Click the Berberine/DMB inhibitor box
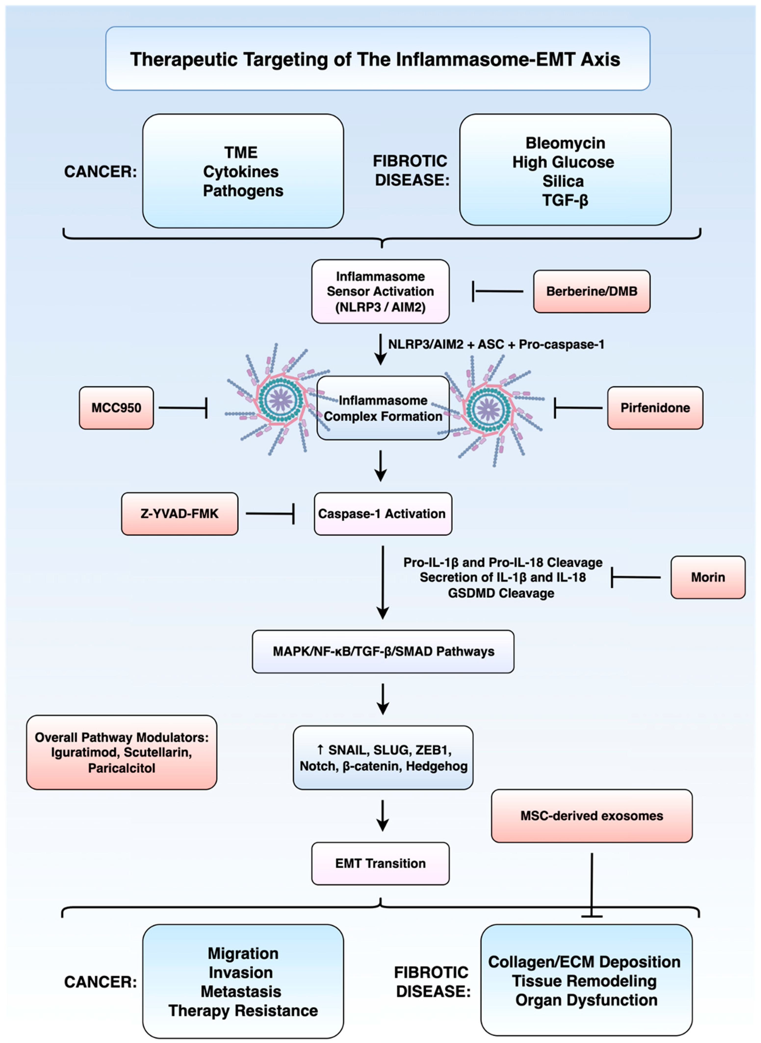click(x=592, y=291)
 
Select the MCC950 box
click(x=116, y=408)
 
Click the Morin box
click(x=708, y=577)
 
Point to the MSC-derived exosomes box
click(x=592, y=816)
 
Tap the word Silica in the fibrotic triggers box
click(x=563, y=181)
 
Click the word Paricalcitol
click(x=122, y=768)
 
